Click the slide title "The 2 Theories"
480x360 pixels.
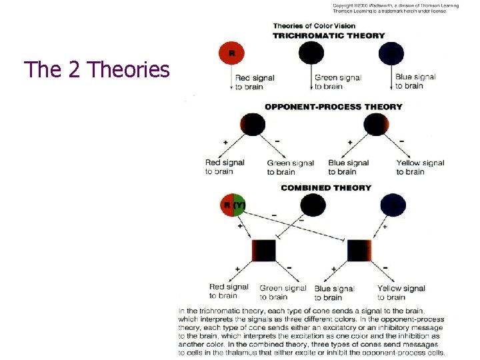click(97, 69)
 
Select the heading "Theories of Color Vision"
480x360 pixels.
click(314, 25)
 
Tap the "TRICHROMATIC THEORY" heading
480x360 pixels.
click(329, 35)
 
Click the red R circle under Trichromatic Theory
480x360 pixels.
click(231, 53)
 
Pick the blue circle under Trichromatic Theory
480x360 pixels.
click(391, 53)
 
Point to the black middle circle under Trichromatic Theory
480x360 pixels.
click(311, 53)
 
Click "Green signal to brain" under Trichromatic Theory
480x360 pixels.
click(337, 82)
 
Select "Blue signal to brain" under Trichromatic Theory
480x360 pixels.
click(415, 81)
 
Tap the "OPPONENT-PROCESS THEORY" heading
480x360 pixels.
click(333, 107)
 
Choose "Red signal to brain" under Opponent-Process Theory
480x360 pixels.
click(225, 167)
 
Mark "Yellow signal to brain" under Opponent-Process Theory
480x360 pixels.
click(420, 167)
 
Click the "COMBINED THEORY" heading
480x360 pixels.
click(326, 188)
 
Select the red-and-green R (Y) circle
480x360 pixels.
click(233, 205)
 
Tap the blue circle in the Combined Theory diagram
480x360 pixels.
click(392, 205)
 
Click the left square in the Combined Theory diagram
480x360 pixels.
click(263, 251)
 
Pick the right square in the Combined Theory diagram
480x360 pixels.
click(359, 251)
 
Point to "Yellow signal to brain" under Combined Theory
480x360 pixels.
click(401, 293)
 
